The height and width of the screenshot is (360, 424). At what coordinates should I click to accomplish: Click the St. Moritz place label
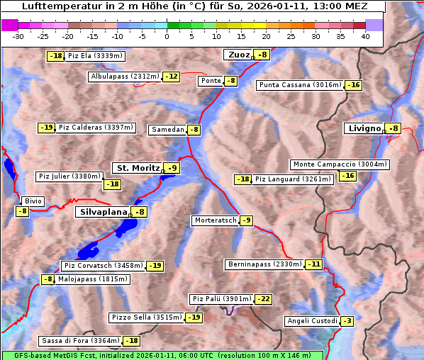coord(137,168)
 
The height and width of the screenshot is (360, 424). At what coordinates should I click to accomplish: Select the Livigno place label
coord(364,128)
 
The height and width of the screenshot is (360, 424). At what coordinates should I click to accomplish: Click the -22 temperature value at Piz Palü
coord(264,299)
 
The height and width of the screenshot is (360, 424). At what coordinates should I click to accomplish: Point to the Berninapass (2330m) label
coord(264,264)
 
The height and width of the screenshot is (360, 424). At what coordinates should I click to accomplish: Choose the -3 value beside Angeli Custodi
coord(347,321)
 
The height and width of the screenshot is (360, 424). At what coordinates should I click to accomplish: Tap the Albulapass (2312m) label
coord(124,77)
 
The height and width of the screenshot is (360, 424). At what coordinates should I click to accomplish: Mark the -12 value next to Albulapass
coord(171,77)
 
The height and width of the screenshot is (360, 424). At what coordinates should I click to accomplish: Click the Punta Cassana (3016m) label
coord(300,85)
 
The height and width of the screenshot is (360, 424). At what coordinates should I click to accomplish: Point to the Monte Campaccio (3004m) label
coord(340,164)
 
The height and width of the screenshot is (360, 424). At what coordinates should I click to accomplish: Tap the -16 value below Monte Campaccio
coord(347,176)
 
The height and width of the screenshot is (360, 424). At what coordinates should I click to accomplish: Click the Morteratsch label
coord(215,220)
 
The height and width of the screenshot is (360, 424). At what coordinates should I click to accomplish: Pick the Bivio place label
coord(33,201)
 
